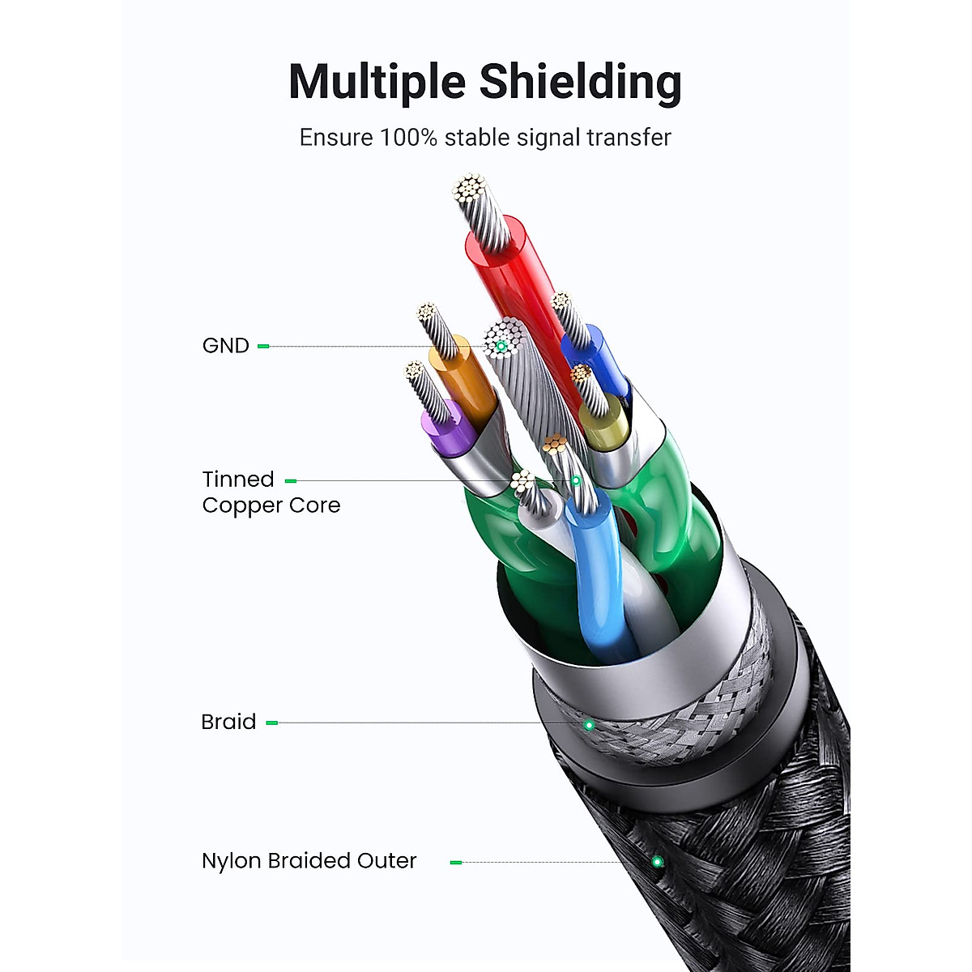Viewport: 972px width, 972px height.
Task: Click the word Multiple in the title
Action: tap(377, 83)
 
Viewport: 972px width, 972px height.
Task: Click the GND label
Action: tap(225, 346)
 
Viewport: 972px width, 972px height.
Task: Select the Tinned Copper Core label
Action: tap(271, 492)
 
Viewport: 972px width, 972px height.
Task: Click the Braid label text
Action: tap(228, 722)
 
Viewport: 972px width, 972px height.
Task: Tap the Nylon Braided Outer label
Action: tap(309, 861)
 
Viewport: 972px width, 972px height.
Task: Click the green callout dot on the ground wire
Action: tap(501, 347)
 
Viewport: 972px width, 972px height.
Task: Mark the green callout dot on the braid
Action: tap(590, 724)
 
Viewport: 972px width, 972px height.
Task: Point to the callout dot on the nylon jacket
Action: tap(657, 862)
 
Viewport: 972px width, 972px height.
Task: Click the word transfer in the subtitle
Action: tap(629, 138)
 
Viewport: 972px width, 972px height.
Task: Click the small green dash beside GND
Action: tap(263, 346)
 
